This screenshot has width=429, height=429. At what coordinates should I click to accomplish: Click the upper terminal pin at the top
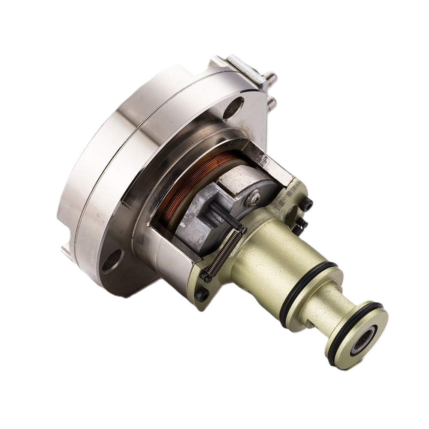coord(270,77)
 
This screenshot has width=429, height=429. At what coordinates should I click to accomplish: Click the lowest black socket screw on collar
coord(202,295)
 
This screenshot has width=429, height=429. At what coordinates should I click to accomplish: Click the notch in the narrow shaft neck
coord(310,322)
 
